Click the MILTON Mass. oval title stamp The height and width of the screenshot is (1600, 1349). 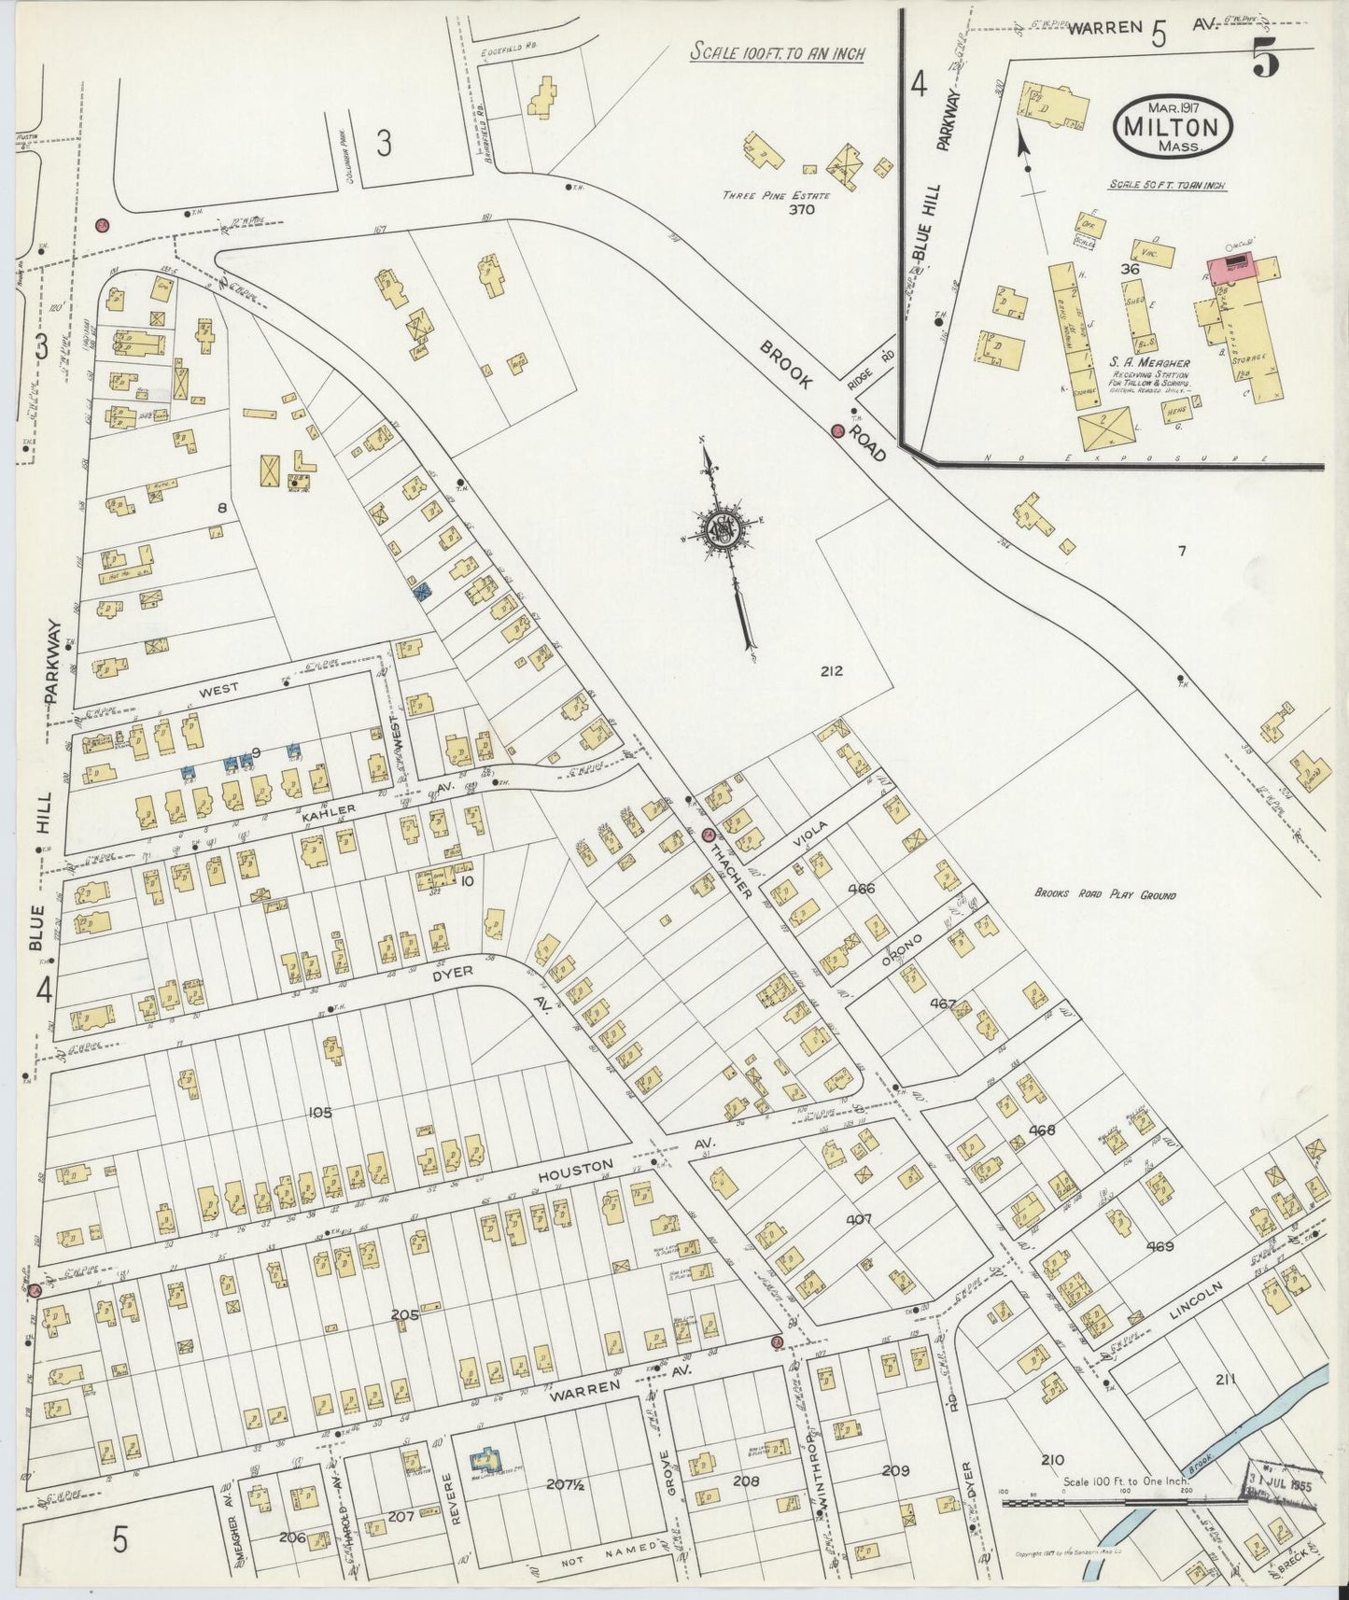pos(1173,124)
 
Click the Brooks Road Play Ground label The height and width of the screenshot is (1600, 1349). pos(1104,894)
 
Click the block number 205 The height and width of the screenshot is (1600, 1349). pos(404,1315)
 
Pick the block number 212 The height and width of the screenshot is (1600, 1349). pos(832,670)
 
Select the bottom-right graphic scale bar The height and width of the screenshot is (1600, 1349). pos(1124,1503)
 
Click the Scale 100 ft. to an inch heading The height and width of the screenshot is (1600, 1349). pos(777,53)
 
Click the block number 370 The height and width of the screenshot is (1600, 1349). pos(801,210)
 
